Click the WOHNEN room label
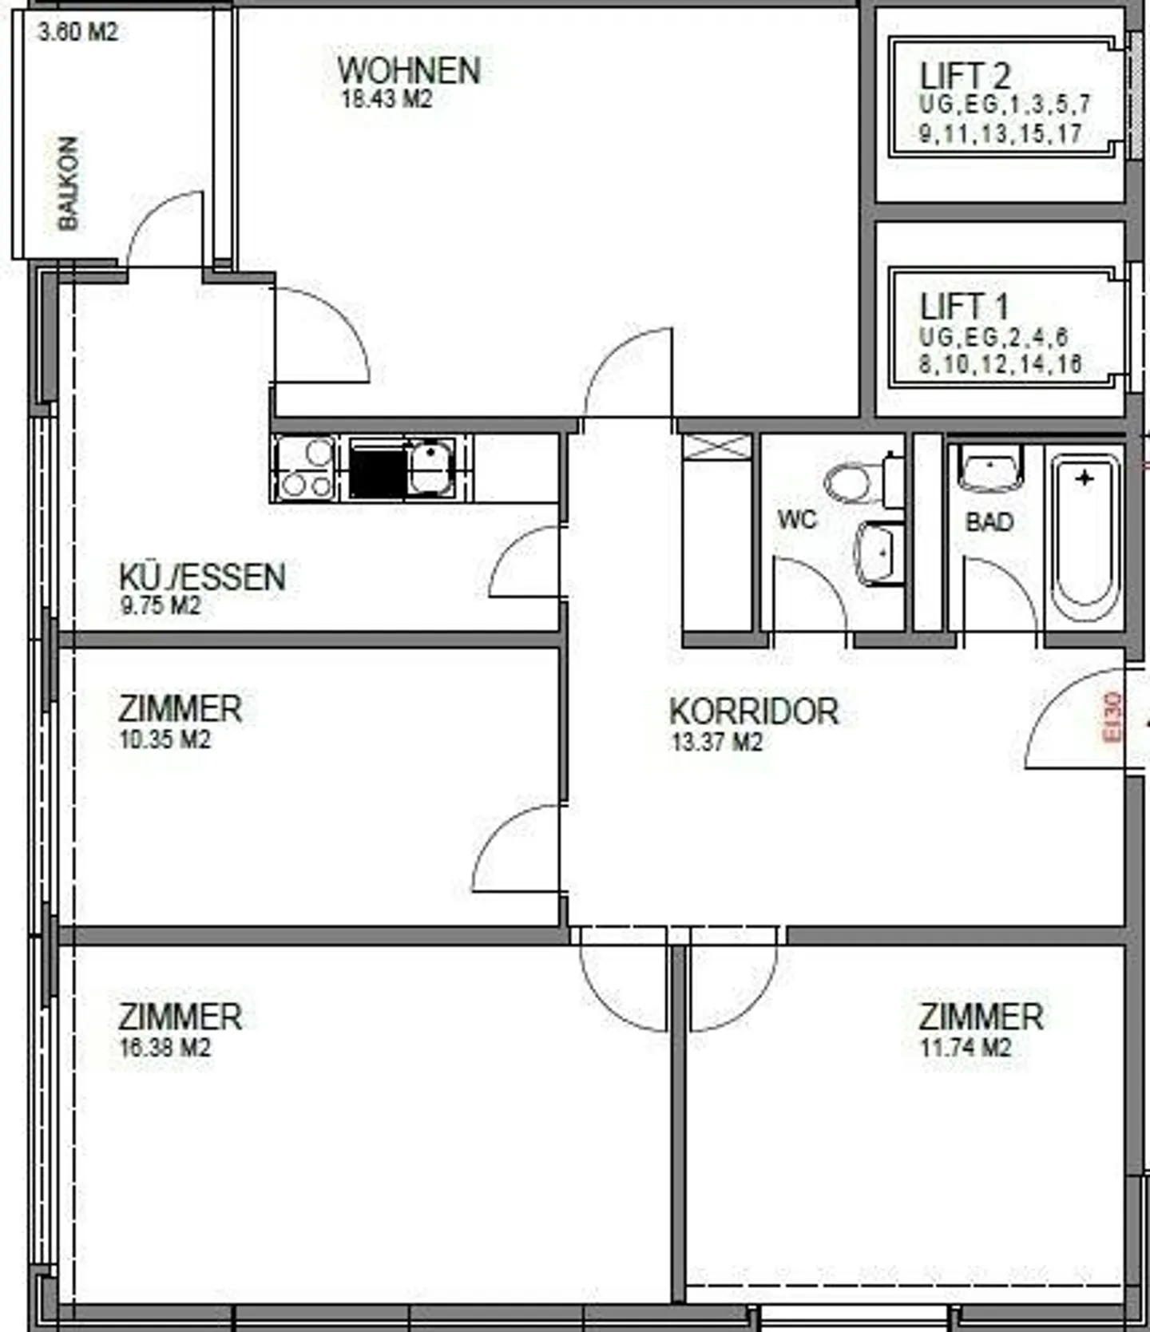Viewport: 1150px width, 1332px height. click(409, 70)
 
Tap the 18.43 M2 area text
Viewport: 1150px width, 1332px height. click(387, 100)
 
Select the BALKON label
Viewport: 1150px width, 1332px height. click(69, 184)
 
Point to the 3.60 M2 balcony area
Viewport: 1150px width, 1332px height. click(77, 32)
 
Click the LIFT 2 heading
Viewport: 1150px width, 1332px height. click(965, 76)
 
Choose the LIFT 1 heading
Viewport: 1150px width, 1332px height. click(964, 307)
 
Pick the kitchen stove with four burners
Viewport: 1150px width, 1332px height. click(303, 469)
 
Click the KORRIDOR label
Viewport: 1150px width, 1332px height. click(754, 712)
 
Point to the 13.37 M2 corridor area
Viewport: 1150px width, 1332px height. click(716, 742)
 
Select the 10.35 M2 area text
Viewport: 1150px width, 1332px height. click(165, 739)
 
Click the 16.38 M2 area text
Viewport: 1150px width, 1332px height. click(165, 1047)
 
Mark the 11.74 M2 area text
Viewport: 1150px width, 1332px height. click(966, 1047)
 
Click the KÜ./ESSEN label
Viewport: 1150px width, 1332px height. click(202, 577)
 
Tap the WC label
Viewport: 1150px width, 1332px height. click(797, 520)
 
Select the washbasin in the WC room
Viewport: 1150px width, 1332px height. click(880, 551)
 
